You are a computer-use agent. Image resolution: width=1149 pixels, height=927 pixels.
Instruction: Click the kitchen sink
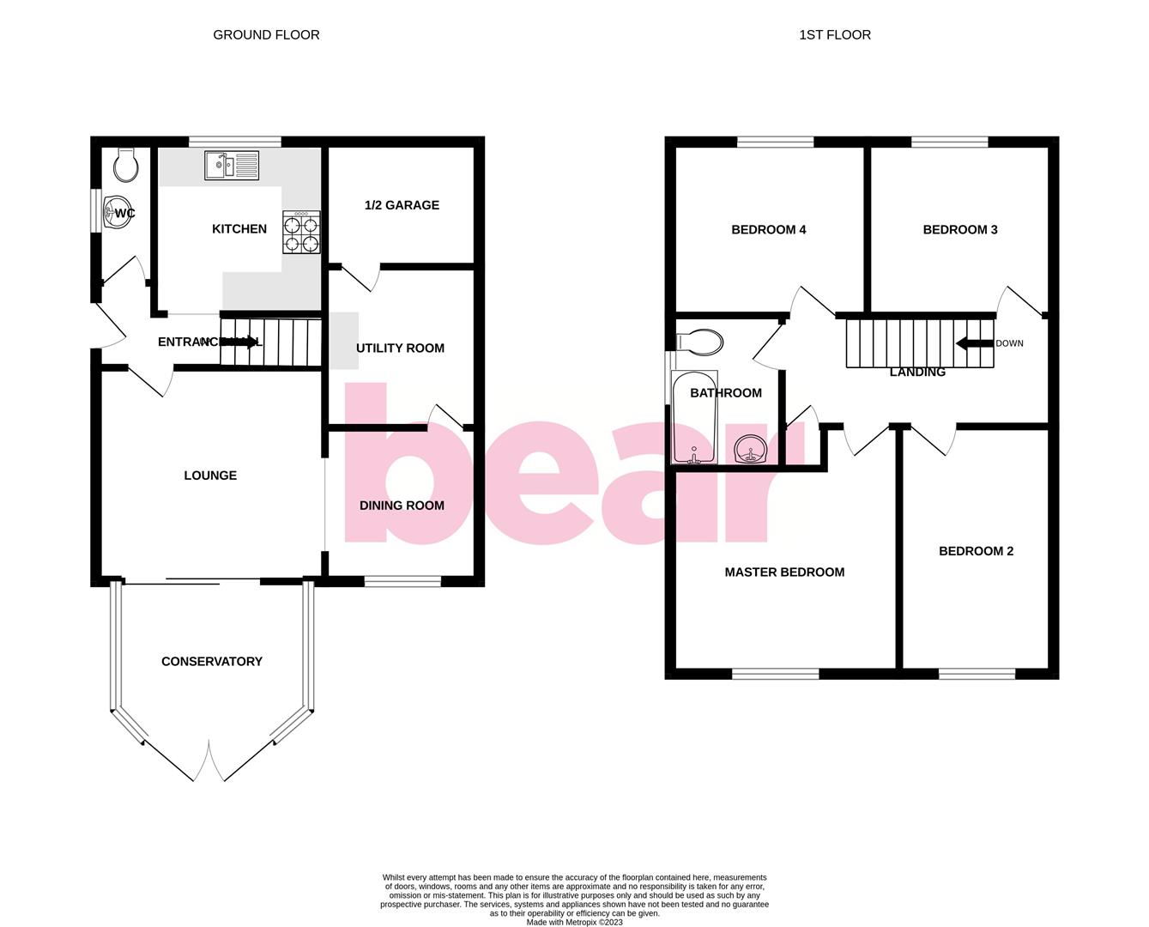coord(232,165)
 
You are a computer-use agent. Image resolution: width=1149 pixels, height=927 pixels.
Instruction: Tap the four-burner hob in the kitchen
coord(301,233)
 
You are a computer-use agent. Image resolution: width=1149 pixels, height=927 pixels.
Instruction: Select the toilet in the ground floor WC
coord(125,165)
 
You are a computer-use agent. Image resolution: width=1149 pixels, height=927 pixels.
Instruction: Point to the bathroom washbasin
coord(751,449)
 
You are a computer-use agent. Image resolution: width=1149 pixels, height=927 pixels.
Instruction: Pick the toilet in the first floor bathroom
coord(700,342)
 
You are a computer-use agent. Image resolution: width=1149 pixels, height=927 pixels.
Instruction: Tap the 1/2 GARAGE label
coord(402,205)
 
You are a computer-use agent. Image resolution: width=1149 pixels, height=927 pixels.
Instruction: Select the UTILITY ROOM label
coord(400,348)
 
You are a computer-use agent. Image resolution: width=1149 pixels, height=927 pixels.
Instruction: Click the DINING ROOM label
coord(402,506)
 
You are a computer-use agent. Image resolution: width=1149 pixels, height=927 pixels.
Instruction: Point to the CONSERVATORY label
coord(212,661)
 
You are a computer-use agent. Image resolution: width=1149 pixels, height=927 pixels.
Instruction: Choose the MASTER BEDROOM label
coord(784,572)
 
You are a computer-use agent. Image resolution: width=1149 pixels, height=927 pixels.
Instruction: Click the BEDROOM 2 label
coord(976,551)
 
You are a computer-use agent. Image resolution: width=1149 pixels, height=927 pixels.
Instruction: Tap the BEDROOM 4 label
coord(768,229)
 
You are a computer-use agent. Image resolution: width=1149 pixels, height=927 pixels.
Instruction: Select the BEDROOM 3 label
coord(959,229)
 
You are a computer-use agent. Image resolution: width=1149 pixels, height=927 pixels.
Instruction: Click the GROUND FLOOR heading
coord(266,35)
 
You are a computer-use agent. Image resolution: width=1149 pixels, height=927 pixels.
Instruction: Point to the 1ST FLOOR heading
coord(834,35)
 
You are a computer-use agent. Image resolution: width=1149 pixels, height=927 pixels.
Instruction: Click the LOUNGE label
coord(210,476)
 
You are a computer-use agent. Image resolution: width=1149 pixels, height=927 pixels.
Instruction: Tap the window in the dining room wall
coord(402,581)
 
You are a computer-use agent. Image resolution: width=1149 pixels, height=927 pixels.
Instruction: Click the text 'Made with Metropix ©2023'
coord(574,923)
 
